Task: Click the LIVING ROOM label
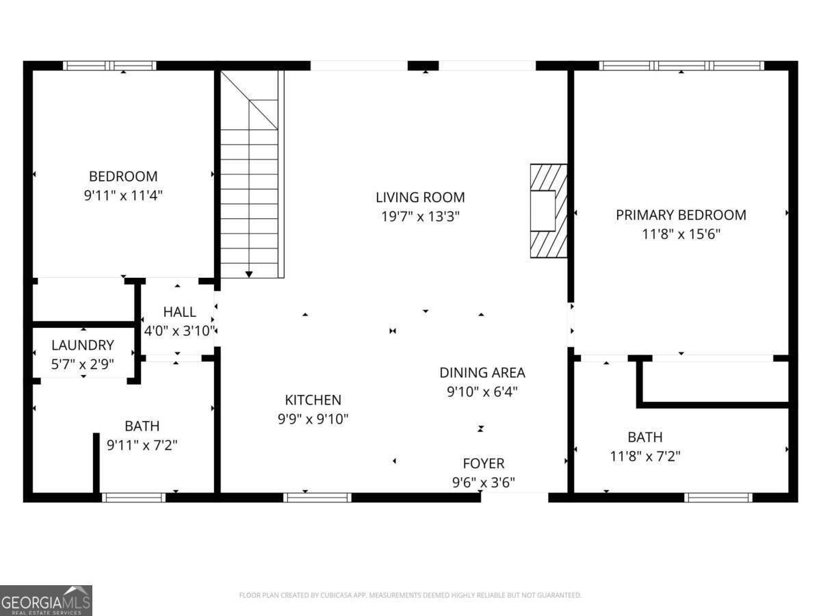coord(420,197)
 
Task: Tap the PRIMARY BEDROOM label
coord(681,215)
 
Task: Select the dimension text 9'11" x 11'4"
coord(123,195)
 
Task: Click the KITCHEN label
coord(313,400)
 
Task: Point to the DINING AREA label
coord(482,373)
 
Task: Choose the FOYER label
coord(483,463)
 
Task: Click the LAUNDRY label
coord(83,346)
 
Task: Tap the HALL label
coord(179,312)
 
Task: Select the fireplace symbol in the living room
coord(548,211)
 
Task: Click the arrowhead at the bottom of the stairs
coord(249,274)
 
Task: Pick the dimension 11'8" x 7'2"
coord(644,455)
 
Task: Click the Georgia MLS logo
coord(46,600)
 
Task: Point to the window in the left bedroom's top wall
coord(109,66)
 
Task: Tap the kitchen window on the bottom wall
coord(317,498)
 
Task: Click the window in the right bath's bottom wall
coord(718,498)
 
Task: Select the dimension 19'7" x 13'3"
coord(420,216)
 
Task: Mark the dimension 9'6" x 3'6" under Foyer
coord(483,482)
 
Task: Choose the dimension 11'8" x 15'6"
coord(681,233)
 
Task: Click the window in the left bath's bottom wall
coord(133,498)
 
